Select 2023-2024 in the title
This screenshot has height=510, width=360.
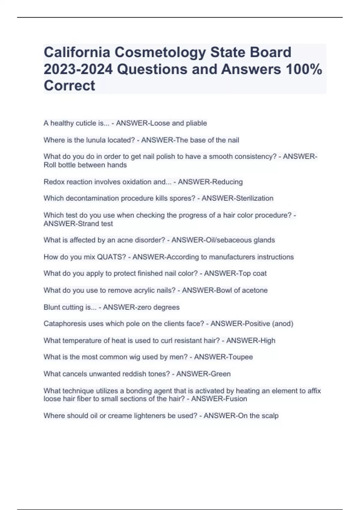78,69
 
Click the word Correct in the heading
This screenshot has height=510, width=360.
69,85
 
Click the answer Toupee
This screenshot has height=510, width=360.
241,357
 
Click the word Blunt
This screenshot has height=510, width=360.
52,307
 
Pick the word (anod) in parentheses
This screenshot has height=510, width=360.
282,324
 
